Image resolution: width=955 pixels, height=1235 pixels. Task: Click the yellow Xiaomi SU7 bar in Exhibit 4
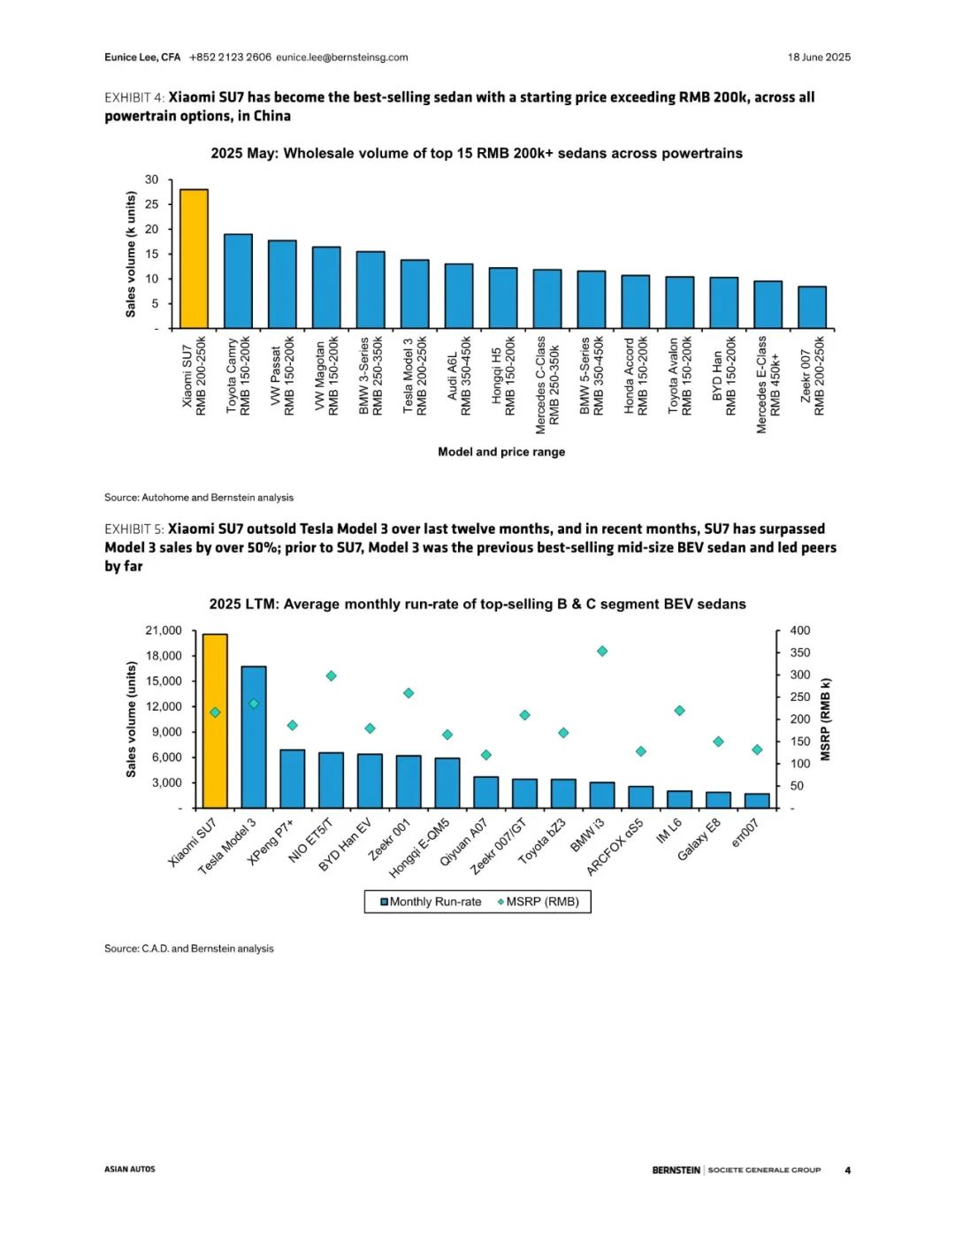click(194, 259)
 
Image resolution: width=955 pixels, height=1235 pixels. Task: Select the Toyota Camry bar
click(238, 281)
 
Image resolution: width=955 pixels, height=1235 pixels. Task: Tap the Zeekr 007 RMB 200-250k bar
click(812, 308)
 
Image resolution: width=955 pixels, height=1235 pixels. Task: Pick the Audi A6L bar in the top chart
click(458, 296)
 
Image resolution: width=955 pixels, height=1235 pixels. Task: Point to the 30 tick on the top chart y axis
click(152, 179)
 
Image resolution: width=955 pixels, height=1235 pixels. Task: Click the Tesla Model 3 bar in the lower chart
click(254, 737)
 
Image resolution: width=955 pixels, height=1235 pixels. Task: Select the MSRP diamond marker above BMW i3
click(602, 652)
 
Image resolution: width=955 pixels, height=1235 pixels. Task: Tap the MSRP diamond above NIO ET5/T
click(332, 676)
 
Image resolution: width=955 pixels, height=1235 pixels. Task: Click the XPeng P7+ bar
click(293, 779)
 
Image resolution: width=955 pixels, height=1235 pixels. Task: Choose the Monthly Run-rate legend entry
click(431, 902)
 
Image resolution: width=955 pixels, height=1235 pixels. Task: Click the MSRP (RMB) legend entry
click(539, 902)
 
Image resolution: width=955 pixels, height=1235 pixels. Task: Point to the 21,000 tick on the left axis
click(163, 630)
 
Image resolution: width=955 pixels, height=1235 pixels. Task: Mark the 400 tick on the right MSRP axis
click(799, 630)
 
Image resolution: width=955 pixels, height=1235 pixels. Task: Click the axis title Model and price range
click(501, 452)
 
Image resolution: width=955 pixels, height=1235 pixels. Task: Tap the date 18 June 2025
click(819, 57)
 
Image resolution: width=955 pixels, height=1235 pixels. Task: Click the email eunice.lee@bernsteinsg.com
click(342, 57)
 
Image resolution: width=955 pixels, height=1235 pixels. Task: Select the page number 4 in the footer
click(847, 1170)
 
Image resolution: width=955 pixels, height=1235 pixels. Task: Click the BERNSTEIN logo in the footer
click(676, 1170)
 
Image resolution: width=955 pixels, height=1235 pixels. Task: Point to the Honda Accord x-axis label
click(636, 377)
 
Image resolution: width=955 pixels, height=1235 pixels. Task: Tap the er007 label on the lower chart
click(746, 834)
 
